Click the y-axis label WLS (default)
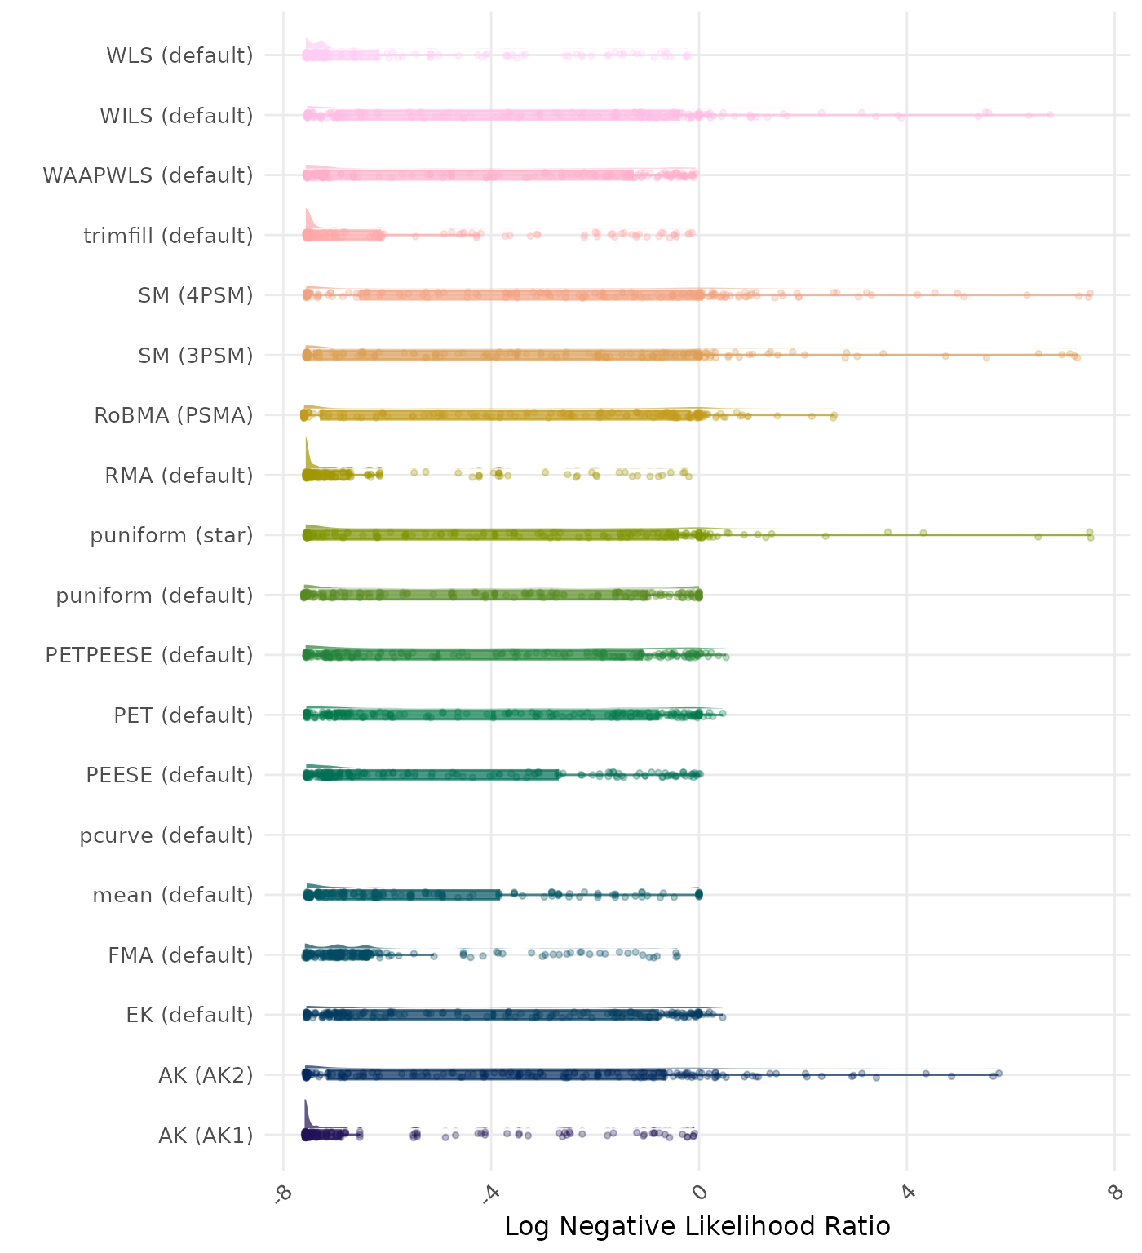[179, 55]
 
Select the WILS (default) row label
[176, 116]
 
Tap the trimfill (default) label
[168, 236]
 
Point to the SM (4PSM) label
[196, 295]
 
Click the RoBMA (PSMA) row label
[174, 415]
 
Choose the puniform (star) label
[171, 535]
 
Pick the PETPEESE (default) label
[149, 655]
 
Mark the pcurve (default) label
[166, 835]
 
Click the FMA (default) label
[180, 955]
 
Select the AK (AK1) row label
[206, 1135]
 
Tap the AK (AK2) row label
[206, 1075]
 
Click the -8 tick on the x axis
[283, 1193]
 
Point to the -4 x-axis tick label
[490, 1193]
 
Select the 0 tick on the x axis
[699, 1193]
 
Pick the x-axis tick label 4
[907, 1193]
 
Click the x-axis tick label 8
[1115, 1193]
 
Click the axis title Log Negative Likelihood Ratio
[697, 1226]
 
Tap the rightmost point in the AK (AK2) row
[998, 1074]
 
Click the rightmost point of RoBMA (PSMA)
[834, 416]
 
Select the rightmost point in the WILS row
[1051, 114]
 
